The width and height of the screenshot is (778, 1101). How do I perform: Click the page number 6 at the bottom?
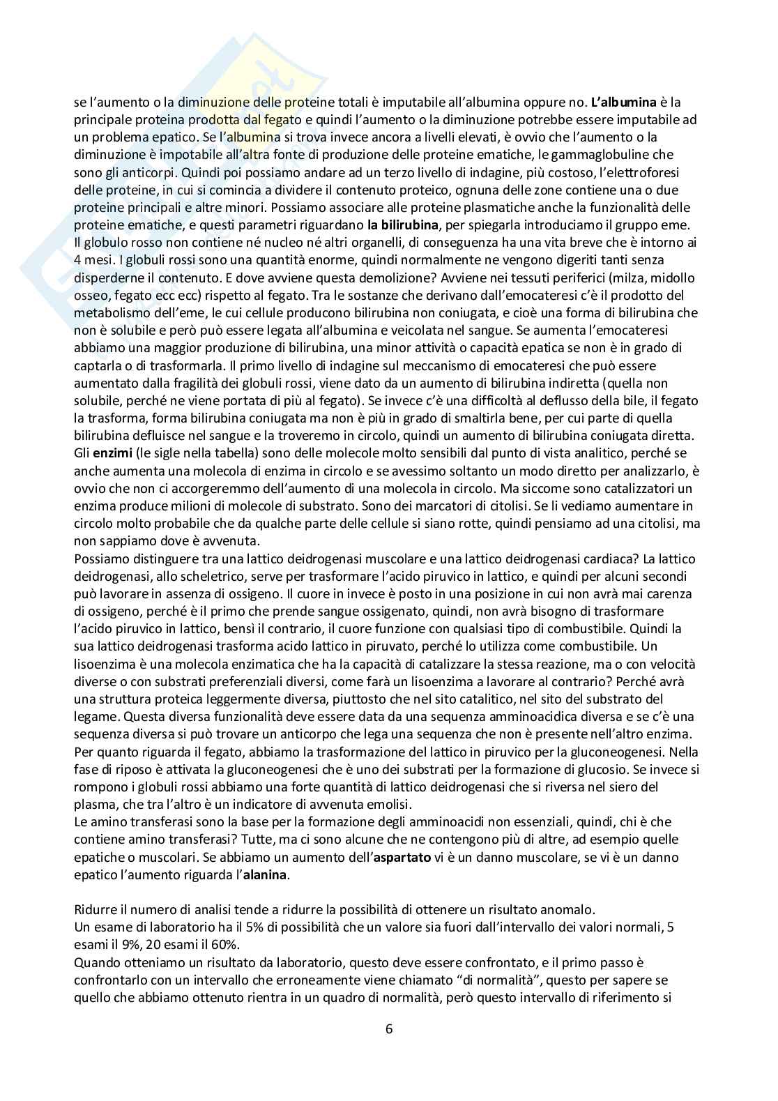point(389,1028)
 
